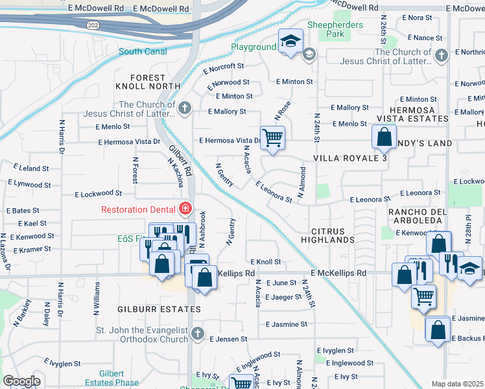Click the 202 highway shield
93,23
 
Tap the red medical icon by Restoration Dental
185,209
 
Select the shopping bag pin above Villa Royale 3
384,137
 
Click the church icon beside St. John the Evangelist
198,335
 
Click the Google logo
21,381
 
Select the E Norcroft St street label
223,65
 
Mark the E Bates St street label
23,211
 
